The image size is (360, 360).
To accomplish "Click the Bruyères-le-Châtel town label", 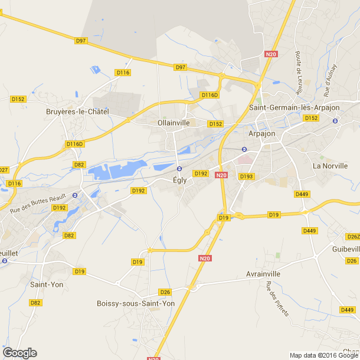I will pos(77,112).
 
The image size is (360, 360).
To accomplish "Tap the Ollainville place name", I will pos(174,123).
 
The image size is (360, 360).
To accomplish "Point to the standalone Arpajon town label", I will pos(263,133).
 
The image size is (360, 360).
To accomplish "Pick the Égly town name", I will pos(181,180).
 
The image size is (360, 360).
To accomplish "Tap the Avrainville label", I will pos(263,274).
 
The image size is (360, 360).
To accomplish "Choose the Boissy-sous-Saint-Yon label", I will pos(136,303).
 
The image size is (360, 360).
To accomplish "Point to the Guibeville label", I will pos(345,250).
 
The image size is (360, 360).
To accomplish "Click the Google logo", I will pos(19,353).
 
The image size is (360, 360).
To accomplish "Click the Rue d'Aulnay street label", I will pos(330,80).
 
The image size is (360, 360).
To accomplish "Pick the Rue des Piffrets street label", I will pos(277,300).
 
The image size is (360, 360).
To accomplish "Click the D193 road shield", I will pos(246,176).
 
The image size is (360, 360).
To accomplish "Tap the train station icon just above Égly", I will pos(179,168).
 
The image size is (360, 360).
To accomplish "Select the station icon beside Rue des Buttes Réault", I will pos(75,195).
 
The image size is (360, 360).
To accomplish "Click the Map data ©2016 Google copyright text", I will pos(324,355).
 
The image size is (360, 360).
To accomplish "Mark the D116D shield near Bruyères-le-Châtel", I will pos(75,144).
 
